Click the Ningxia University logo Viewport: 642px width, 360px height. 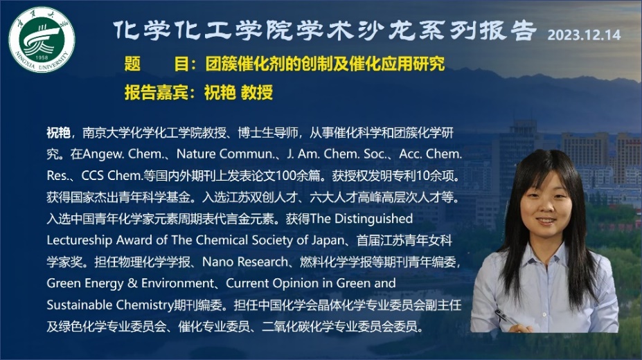tap(42, 39)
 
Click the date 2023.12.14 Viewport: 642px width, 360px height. tap(584, 35)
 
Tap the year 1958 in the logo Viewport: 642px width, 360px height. tap(42, 57)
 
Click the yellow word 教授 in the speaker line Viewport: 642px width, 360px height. tap(257, 93)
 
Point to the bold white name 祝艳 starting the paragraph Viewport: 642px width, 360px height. tap(58, 132)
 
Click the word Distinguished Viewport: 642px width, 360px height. tap(373, 219)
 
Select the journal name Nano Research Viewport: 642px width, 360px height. tap(245, 262)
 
